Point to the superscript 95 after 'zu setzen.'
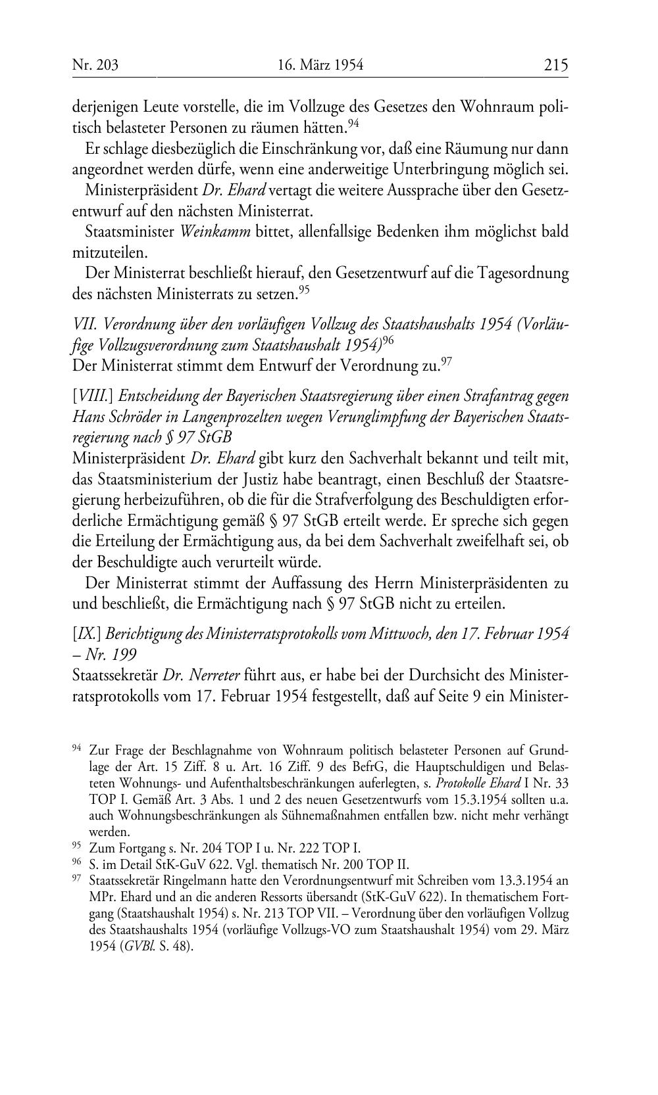click(x=303, y=288)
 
